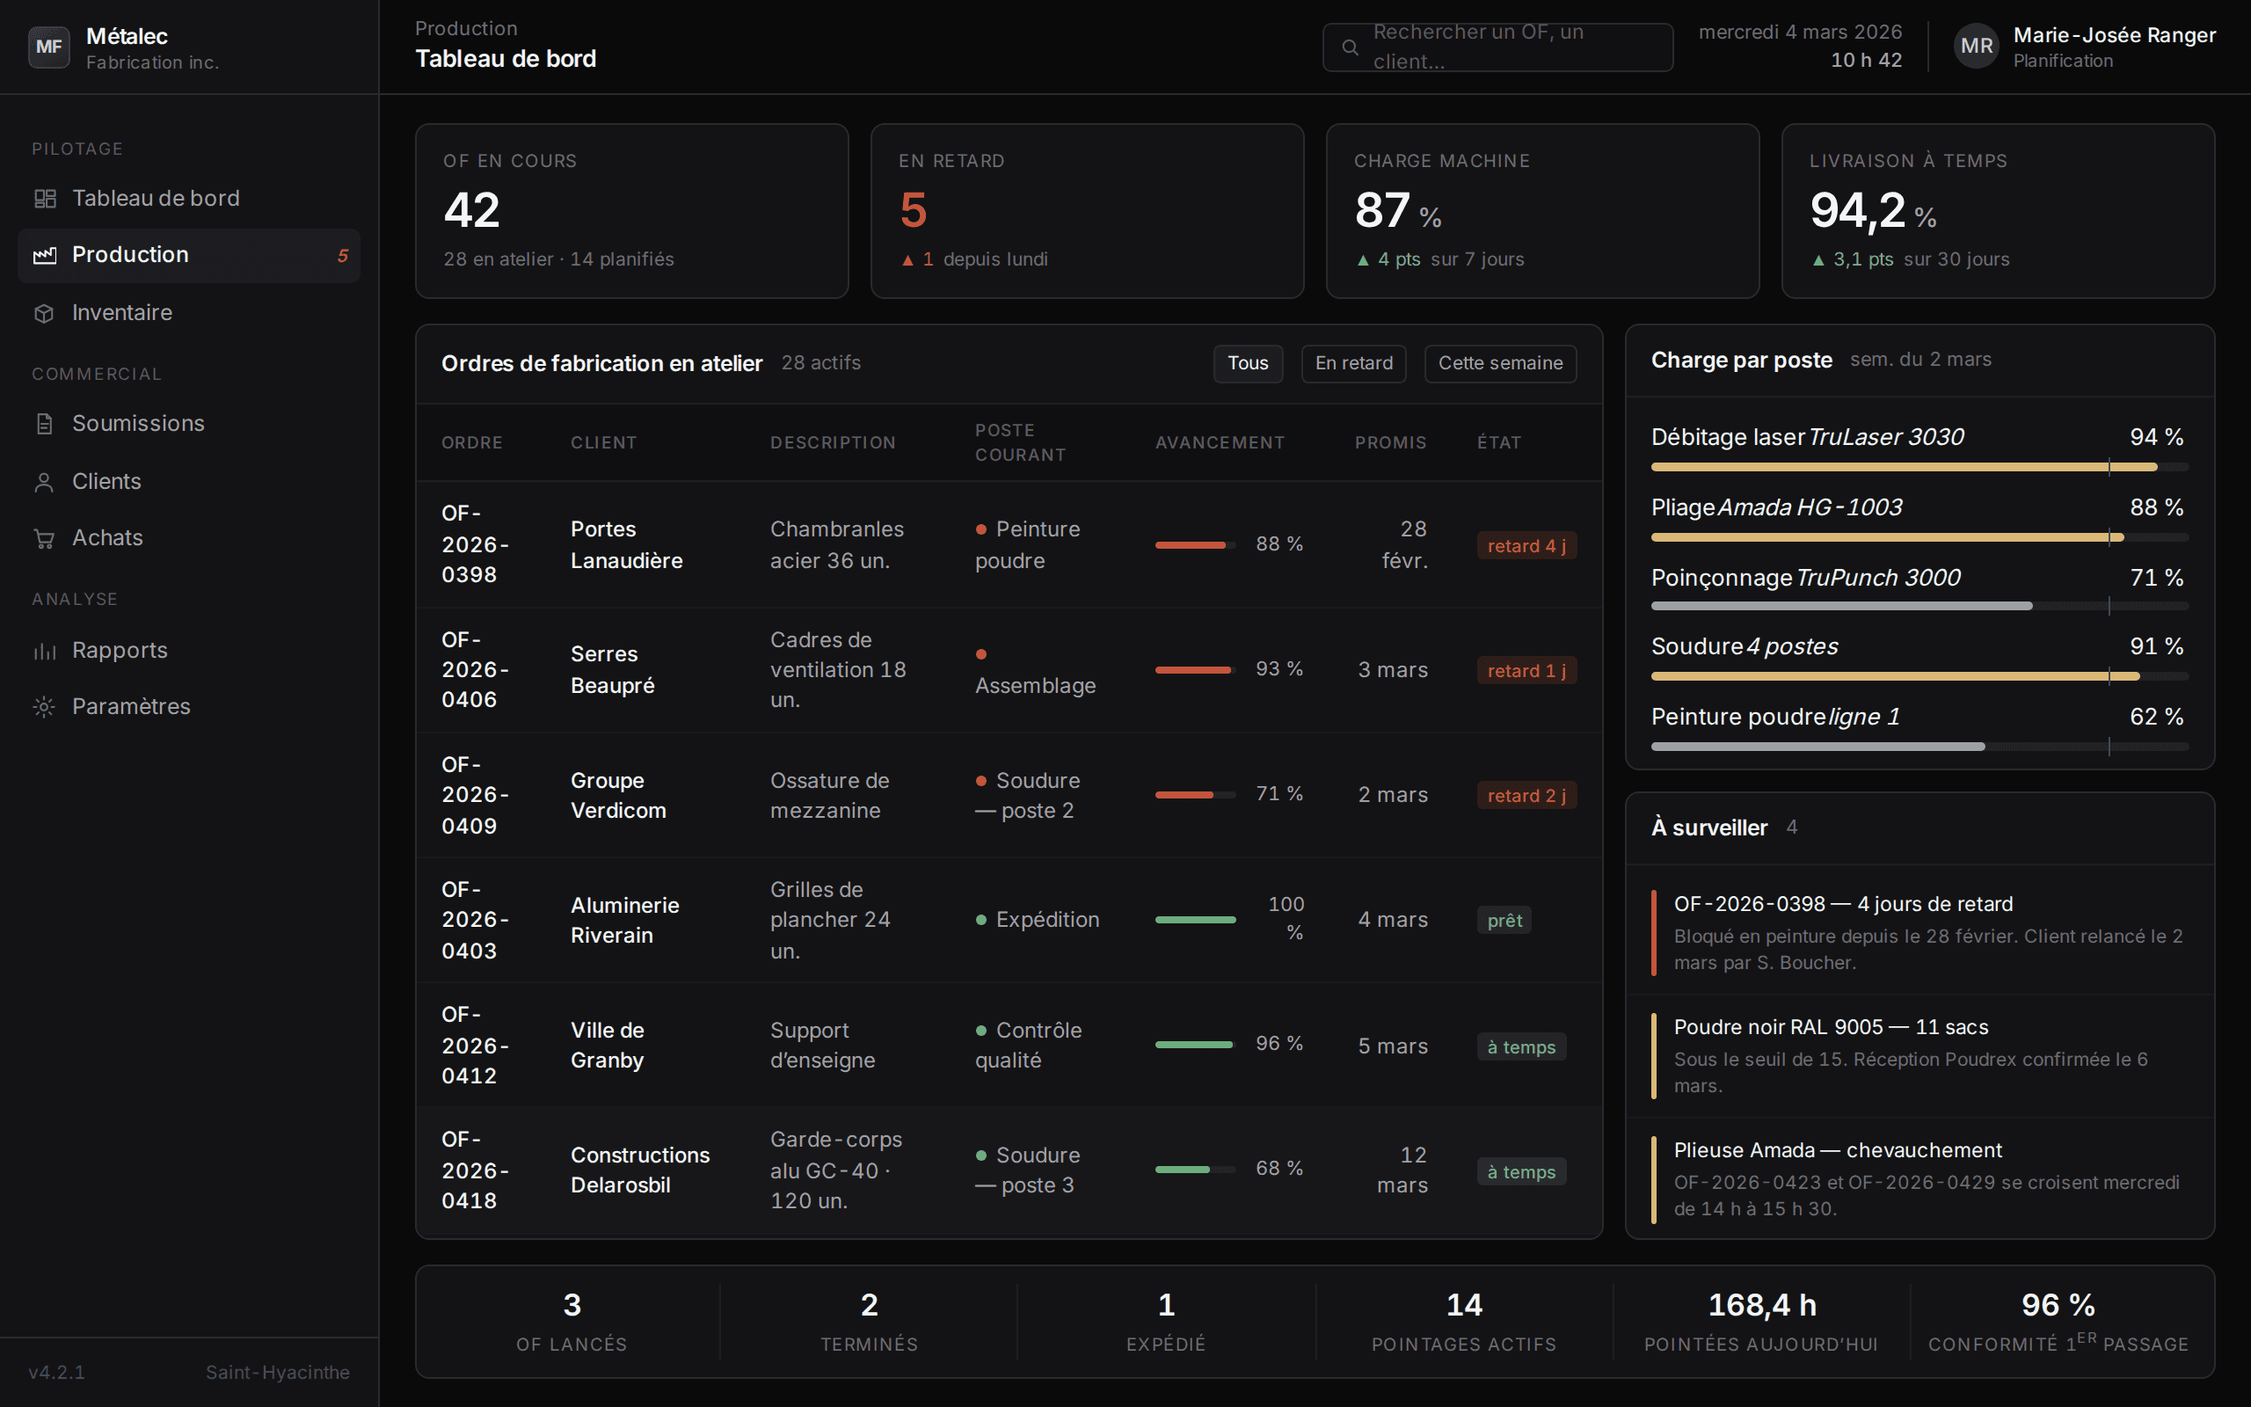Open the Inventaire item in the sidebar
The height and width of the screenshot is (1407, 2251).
(x=122, y=313)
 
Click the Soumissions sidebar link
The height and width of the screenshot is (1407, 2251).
(x=138, y=423)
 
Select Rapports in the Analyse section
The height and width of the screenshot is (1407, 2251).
(x=119, y=651)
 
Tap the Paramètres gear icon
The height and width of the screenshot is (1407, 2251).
(x=44, y=706)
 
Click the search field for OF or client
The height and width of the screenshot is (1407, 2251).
(x=1497, y=47)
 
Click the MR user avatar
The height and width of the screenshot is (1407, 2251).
(x=1977, y=47)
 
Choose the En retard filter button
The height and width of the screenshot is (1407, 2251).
(x=1353, y=363)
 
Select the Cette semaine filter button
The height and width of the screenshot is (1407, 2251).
(x=1500, y=363)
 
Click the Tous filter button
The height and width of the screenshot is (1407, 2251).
(x=1248, y=363)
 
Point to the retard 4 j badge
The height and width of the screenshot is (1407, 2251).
(x=1526, y=545)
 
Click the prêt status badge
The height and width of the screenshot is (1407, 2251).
(x=1504, y=921)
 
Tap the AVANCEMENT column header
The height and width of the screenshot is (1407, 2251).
(x=1220, y=443)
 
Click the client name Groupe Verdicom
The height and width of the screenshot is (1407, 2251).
(x=617, y=796)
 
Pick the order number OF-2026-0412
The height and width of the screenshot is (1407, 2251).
(x=475, y=1045)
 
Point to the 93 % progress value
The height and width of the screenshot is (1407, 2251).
(x=1279, y=669)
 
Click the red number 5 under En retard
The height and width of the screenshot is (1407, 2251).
(x=914, y=209)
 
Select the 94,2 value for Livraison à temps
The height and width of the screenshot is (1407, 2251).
(x=1856, y=210)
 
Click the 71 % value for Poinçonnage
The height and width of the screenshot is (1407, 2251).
(x=2156, y=578)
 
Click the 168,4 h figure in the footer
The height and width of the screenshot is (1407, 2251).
(x=1762, y=1305)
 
